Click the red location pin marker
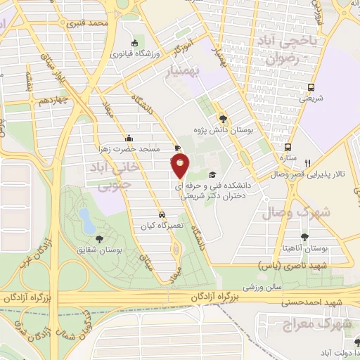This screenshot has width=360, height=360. coord(181,165)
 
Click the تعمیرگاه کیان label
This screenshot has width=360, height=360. coord(162,226)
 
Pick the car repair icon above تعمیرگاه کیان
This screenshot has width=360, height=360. coord(162,214)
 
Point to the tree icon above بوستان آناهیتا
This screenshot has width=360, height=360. coord(304,236)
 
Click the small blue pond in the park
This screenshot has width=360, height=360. coord(86,220)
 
